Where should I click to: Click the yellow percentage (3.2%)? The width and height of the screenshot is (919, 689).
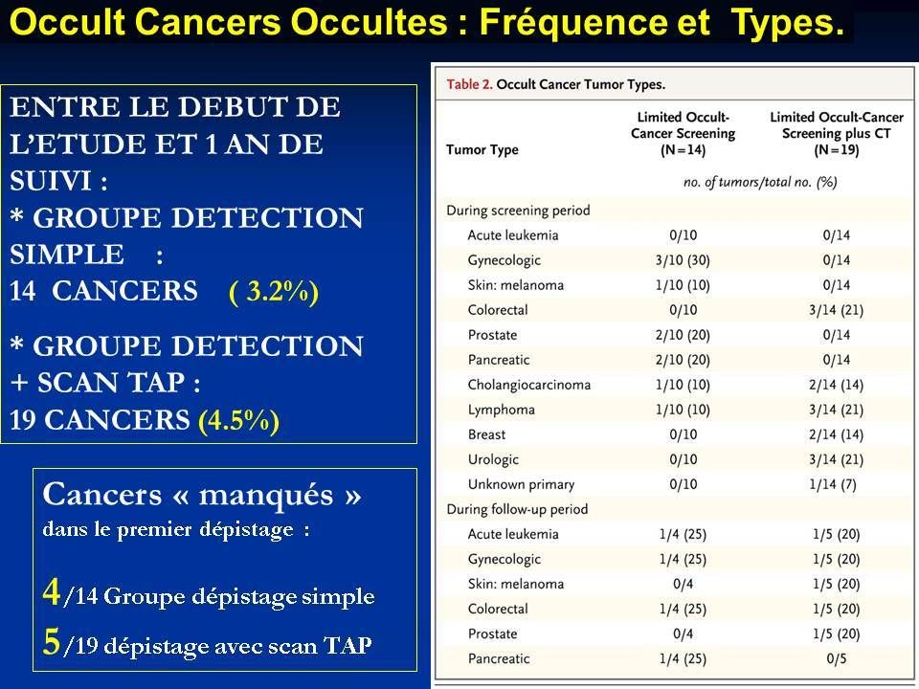[274, 292]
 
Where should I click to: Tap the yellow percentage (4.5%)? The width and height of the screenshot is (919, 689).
[238, 420]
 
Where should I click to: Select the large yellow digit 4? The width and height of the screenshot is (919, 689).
[52, 591]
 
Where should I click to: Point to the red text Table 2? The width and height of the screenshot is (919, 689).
[469, 84]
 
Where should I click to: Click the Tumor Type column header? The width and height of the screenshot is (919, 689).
[482, 150]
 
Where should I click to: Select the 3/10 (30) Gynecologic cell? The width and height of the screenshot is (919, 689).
[683, 260]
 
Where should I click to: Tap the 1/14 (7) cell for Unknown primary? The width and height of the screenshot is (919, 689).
[833, 484]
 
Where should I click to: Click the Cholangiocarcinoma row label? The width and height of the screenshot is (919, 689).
[529, 385]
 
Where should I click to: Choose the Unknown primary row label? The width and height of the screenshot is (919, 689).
[521, 484]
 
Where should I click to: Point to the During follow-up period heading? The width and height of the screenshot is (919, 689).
[517, 509]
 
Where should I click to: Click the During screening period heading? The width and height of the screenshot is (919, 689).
[518, 211]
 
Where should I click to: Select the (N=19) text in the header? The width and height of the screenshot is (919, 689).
[837, 150]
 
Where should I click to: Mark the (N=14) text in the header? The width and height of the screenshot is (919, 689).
[683, 150]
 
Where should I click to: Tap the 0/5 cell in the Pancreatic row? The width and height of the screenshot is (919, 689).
[837, 658]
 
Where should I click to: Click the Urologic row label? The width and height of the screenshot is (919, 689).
[493, 459]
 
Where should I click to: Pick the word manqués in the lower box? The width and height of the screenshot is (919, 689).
[266, 496]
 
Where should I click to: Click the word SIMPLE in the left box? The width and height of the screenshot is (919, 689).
[67, 255]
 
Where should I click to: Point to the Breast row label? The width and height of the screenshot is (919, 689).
[486, 434]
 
